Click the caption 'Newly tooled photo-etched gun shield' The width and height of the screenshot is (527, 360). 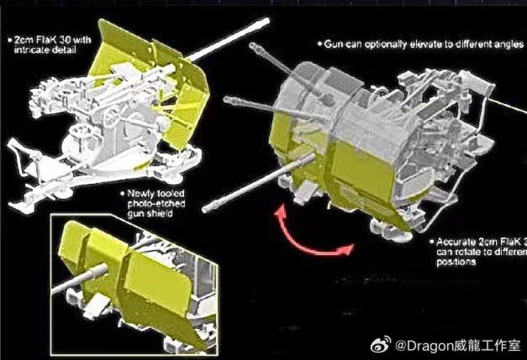click(153, 204)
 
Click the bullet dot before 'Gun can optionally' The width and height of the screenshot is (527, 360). click(320, 44)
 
